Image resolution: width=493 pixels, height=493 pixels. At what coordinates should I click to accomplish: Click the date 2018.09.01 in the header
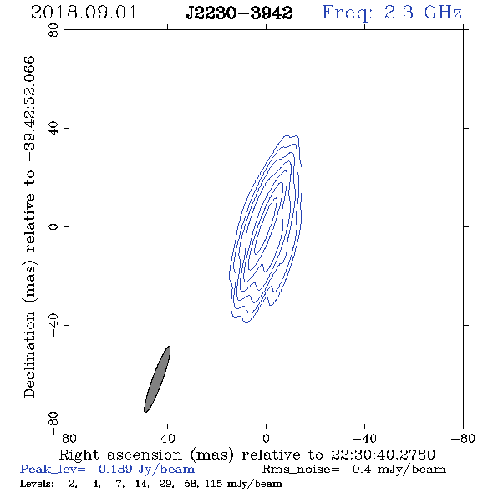pos(84,13)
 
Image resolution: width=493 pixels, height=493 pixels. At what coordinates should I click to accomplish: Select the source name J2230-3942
pos(239,13)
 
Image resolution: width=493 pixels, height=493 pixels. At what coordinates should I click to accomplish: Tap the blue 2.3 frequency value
pos(399,13)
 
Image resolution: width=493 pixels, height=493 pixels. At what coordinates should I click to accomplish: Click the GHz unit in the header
pos(443,13)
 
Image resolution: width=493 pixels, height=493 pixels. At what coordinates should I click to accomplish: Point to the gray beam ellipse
pos(157,379)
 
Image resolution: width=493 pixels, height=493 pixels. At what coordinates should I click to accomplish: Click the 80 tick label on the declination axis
pos(53,30)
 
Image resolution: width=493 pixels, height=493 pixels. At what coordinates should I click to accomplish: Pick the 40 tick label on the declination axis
pos(53,129)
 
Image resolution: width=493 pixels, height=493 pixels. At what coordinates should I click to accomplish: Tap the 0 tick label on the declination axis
pos(53,226)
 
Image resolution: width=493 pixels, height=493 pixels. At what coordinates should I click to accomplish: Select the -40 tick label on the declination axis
pos(53,326)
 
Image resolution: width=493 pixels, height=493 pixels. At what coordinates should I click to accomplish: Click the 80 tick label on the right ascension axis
pos(69,438)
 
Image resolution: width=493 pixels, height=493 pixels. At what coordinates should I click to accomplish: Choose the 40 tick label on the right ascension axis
pos(167,438)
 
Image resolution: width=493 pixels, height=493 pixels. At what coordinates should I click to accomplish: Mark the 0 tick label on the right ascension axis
pos(266,438)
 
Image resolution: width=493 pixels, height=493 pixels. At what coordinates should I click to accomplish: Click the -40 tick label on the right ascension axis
pos(364,438)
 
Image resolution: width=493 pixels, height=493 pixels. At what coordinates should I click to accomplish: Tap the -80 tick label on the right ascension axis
pos(463,438)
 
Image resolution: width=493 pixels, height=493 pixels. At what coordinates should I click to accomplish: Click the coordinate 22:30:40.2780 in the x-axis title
pos(383,455)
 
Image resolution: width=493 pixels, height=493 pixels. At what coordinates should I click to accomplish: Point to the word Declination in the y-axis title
pos(29,355)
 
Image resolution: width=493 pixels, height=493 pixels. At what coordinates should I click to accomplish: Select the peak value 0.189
pos(115,469)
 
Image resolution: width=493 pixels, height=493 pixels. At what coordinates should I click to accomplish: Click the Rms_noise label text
pos(301,470)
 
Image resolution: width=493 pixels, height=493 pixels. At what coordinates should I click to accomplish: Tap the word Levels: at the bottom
pos(37,483)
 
